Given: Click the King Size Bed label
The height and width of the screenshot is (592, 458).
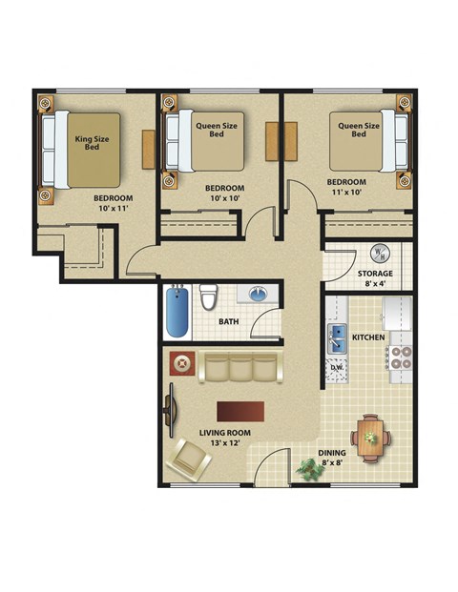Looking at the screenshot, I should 93,144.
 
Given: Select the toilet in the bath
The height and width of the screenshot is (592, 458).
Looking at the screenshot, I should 208,298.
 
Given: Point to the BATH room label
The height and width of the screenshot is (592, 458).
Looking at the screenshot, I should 228,322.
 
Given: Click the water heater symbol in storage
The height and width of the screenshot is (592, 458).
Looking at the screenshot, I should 379,254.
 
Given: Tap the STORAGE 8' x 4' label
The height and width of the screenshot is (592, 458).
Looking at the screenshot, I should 375,278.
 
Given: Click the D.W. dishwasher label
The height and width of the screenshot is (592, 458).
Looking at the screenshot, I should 337,367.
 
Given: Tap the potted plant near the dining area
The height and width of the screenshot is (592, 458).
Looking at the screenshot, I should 308,468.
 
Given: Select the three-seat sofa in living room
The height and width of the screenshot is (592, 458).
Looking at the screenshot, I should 242,367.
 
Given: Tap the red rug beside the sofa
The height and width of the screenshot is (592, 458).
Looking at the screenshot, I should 181,363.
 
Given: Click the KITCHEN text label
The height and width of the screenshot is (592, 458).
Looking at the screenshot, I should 368,337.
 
